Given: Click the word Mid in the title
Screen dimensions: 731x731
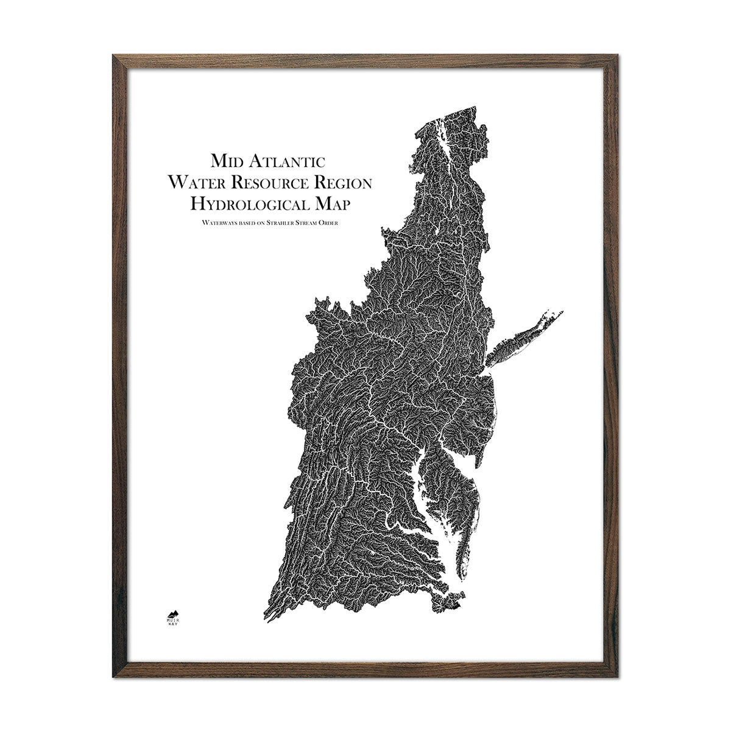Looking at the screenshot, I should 225,161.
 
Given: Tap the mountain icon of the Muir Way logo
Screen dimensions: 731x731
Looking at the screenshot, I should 172,629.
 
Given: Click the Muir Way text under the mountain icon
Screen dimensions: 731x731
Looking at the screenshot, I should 172,639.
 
